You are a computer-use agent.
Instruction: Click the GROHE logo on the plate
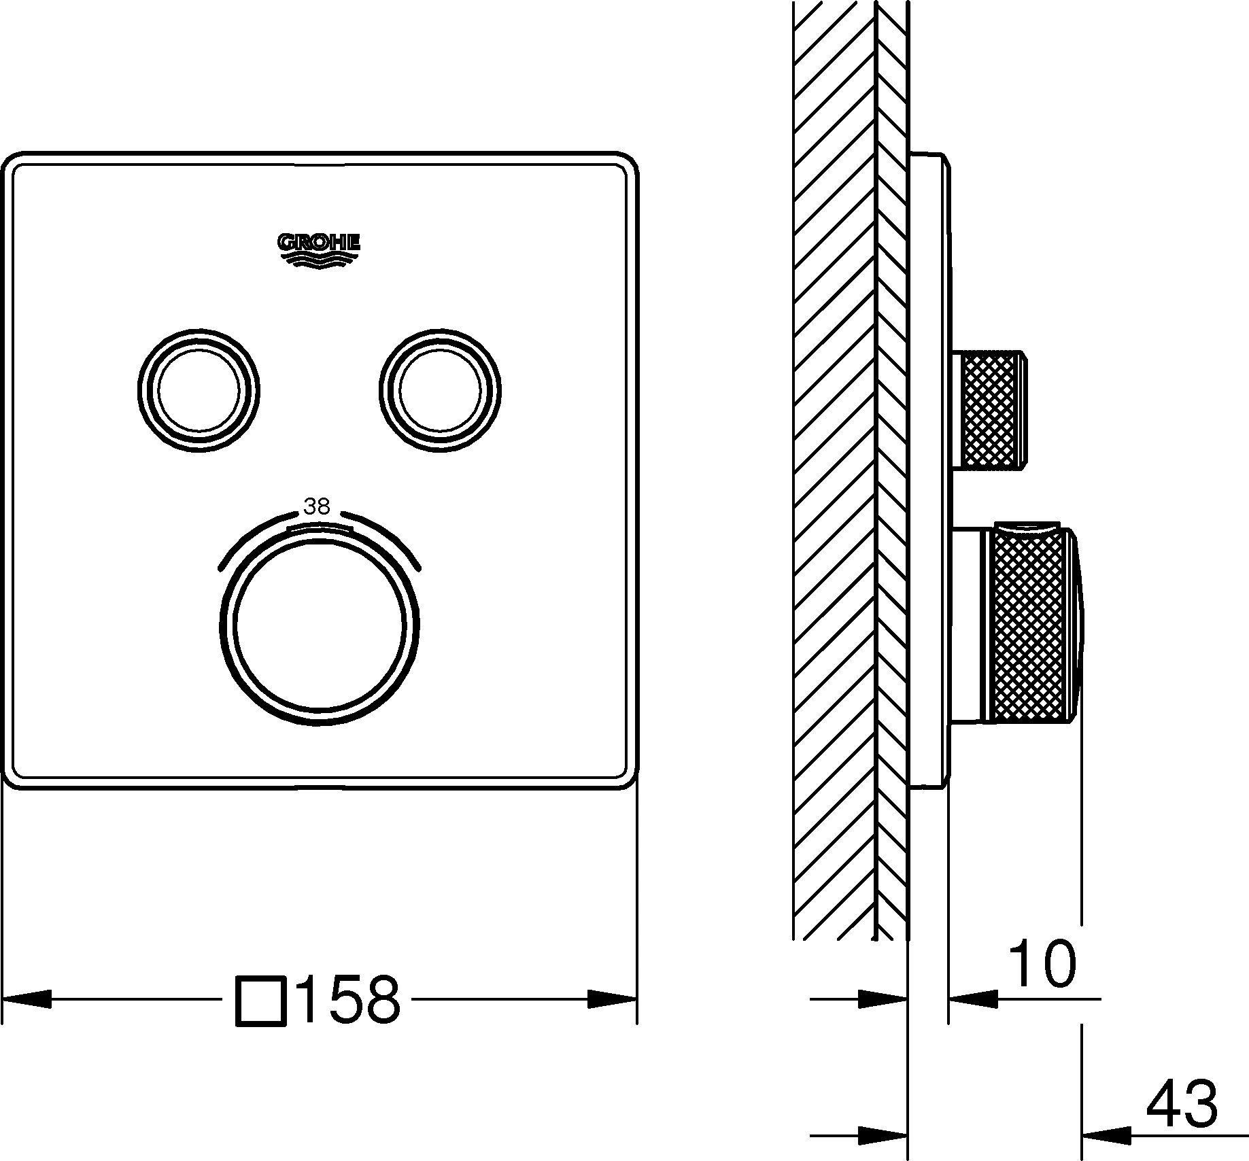318,251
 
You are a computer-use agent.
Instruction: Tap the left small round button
198,392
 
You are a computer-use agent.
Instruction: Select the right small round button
441,392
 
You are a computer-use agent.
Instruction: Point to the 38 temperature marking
317,506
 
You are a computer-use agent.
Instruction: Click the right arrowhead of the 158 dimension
612,999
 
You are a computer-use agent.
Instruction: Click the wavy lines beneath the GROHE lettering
318,261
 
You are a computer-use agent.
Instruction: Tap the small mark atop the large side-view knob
1027,526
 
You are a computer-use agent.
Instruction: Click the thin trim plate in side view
928,469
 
